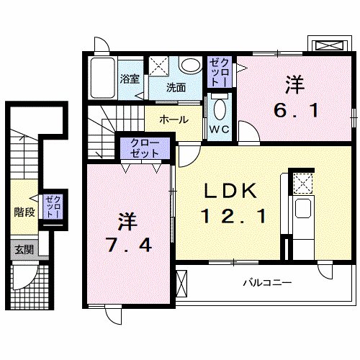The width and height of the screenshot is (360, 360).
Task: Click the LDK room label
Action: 228,191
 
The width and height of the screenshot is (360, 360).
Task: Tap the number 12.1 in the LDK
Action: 228,215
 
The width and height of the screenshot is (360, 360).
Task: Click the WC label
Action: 219,130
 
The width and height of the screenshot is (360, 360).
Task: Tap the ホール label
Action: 174,120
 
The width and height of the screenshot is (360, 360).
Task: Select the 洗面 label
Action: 176,88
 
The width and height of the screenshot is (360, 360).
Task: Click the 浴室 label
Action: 130,79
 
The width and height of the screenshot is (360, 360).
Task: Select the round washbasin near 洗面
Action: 192,67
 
